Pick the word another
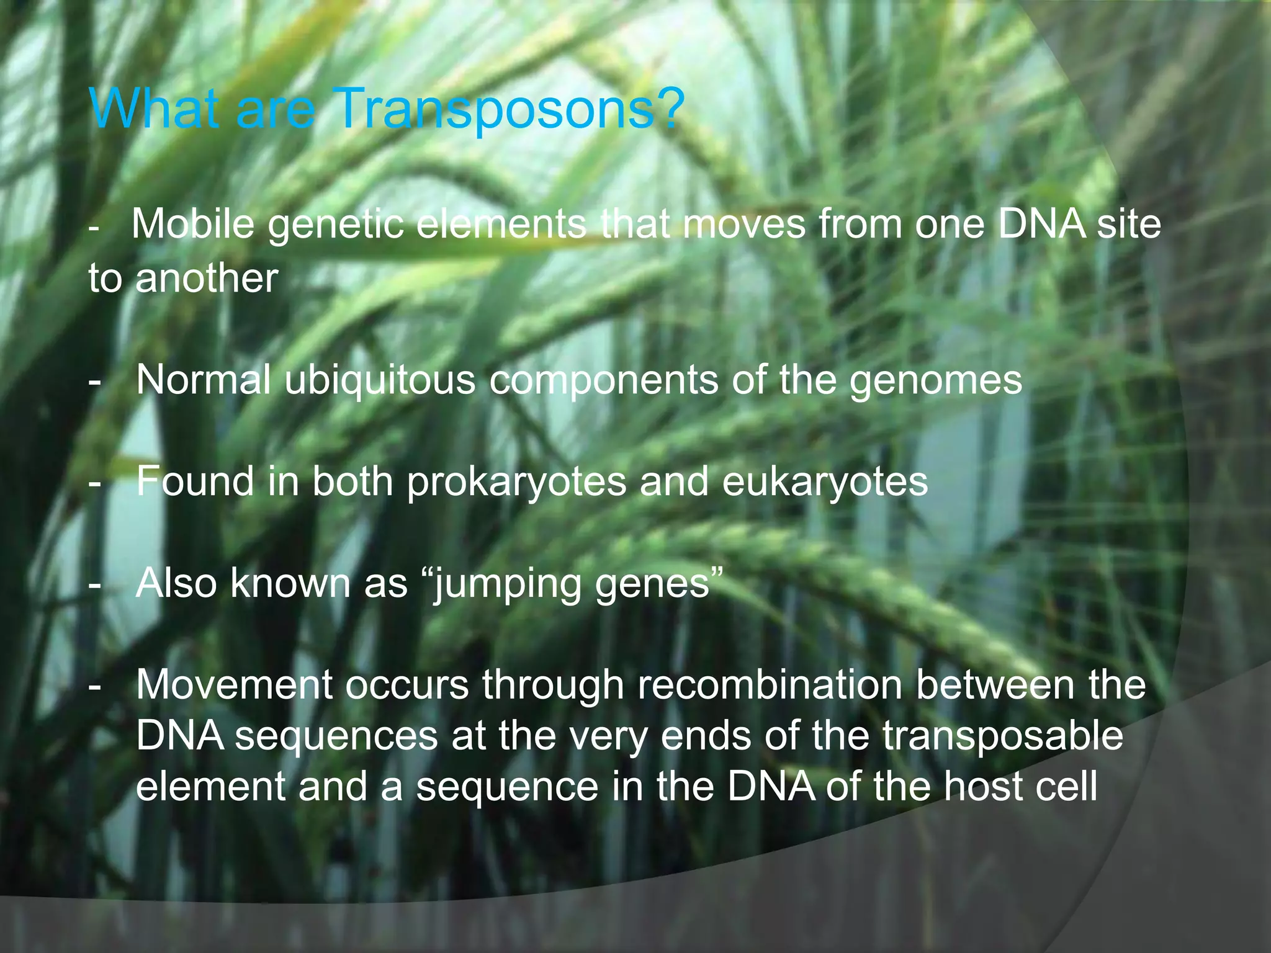[207, 279]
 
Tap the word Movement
[235, 686]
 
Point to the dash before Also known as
[94, 585]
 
